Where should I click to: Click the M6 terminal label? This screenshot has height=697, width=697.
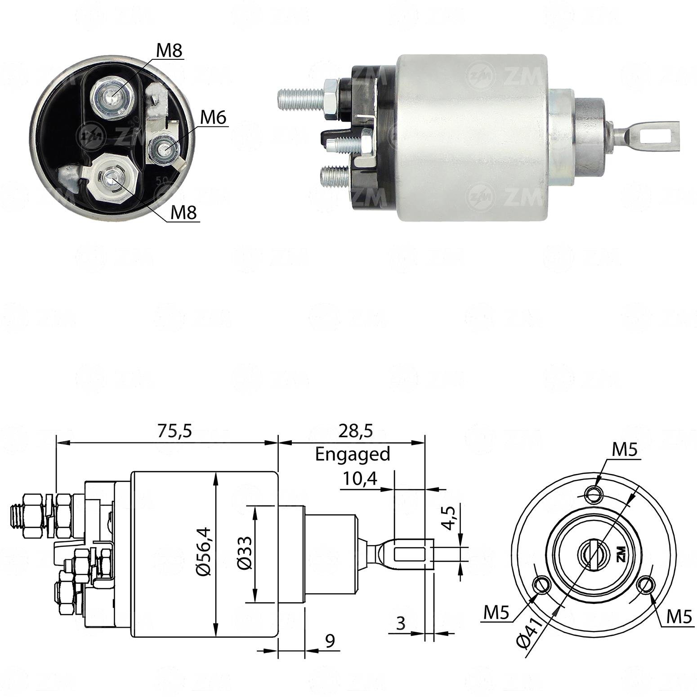(213, 118)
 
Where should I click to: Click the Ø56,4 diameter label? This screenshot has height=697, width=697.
(204, 551)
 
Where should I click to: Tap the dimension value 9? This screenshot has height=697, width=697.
(330, 641)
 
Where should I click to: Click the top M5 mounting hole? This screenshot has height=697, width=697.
(594, 495)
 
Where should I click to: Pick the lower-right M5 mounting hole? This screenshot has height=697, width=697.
(647, 586)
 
